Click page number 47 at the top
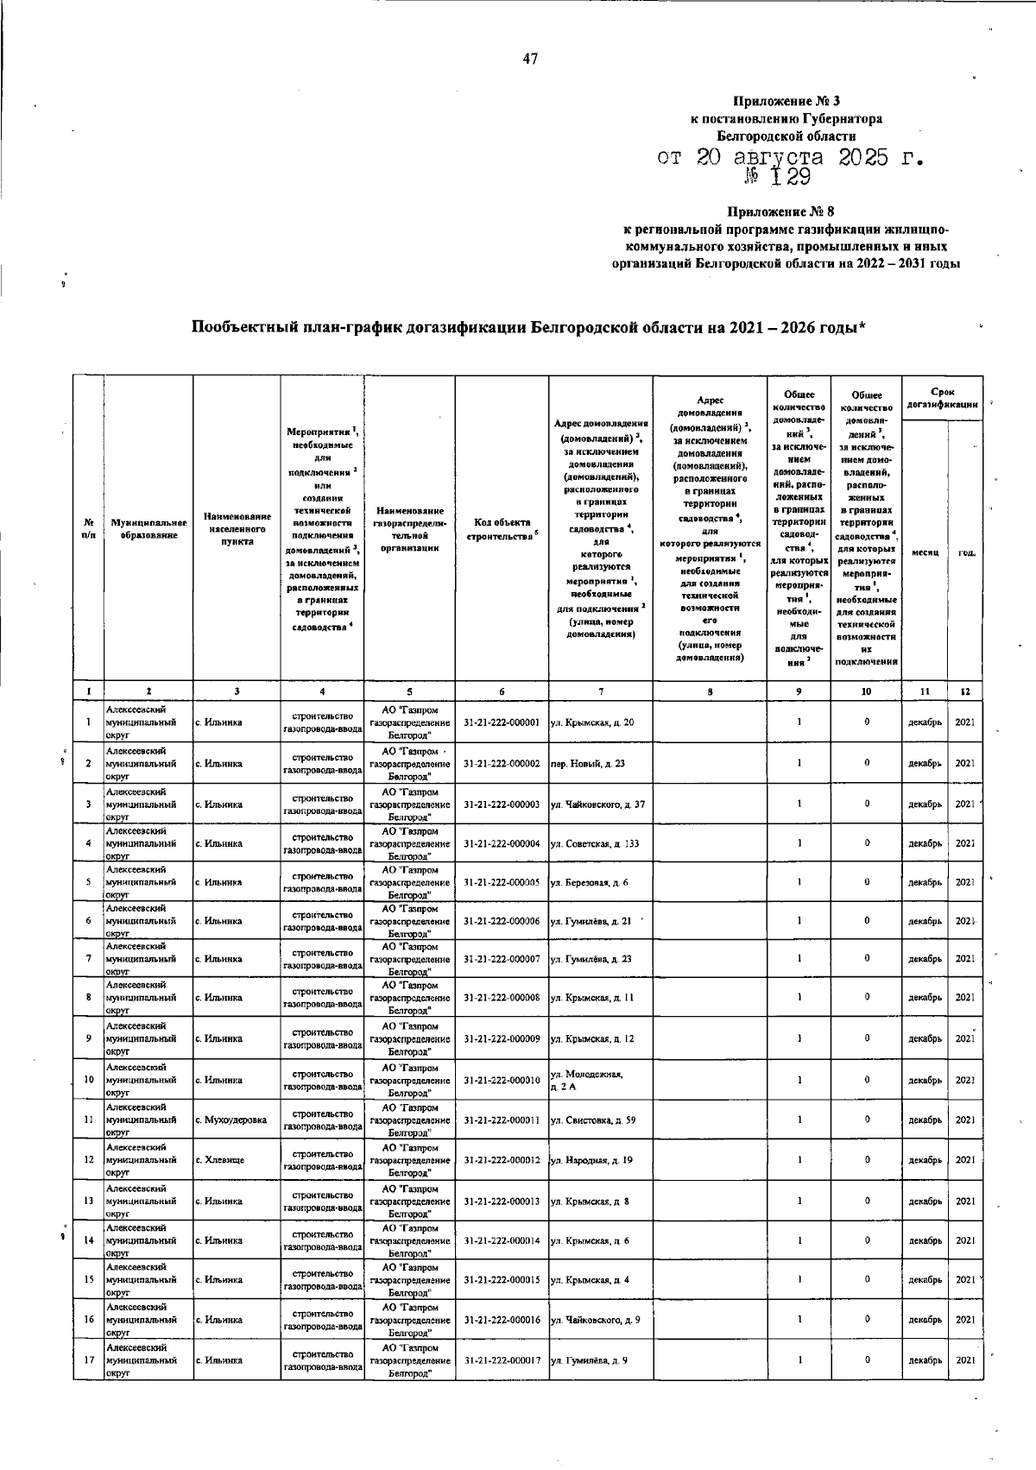pyautogui.click(x=530, y=59)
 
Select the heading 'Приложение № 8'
pyautogui.click(x=780, y=211)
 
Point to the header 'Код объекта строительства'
pyautogui.click(x=502, y=529)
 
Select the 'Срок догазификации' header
pyautogui.click(x=942, y=398)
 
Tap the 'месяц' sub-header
pyautogui.click(x=924, y=553)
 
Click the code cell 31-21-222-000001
pyautogui.click(x=502, y=722)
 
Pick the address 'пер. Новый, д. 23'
pyautogui.click(x=587, y=763)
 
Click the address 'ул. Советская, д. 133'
pyautogui.click(x=594, y=843)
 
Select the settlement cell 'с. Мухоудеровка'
pyautogui.click(x=231, y=1120)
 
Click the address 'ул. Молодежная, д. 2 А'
pyautogui.click(x=587, y=1080)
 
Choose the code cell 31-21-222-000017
pyautogui.click(x=502, y=1360)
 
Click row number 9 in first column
pyautogui.click(x=89, y=1038)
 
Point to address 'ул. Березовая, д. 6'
pyautogui.click(x=589, y=882)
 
